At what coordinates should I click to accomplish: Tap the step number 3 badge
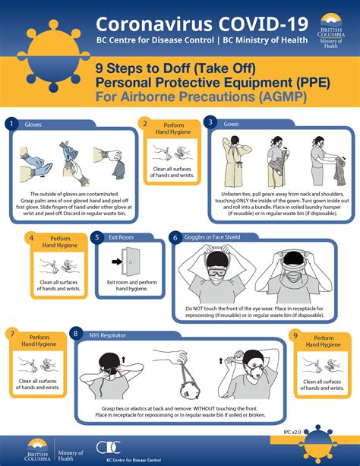click(211, 122)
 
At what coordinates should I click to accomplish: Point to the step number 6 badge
click(175, 238)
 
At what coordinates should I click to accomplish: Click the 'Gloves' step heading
click(33, 123)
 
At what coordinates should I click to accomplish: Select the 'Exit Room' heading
click(120, 238)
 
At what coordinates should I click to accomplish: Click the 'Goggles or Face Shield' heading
click(212, 238)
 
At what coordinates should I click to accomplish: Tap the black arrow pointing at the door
click(116, 264)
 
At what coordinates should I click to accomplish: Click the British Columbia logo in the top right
click(333, 30)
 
